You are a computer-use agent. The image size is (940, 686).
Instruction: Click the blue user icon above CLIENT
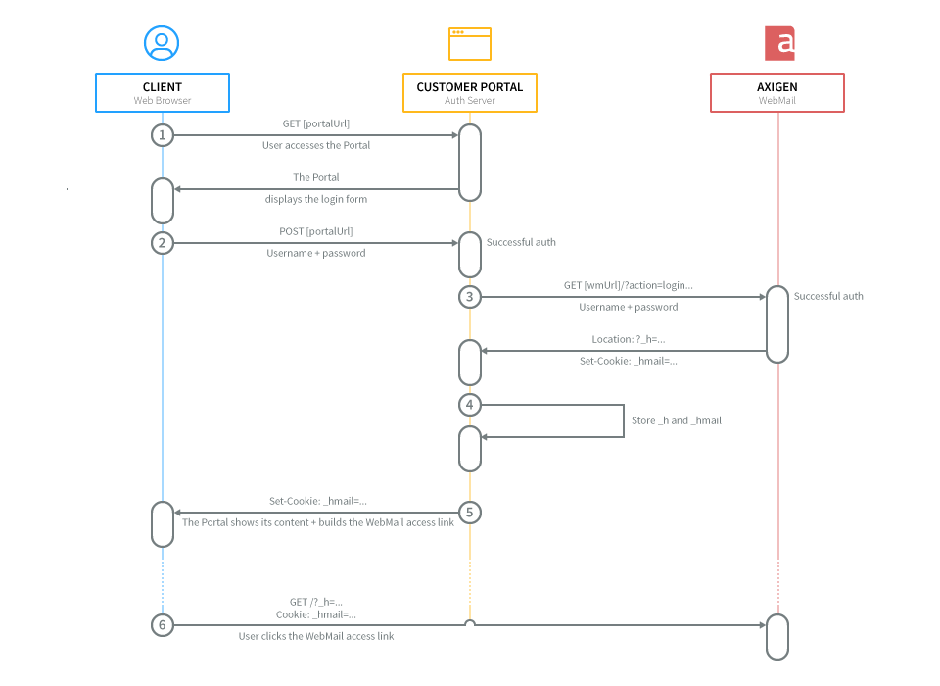(162, 43)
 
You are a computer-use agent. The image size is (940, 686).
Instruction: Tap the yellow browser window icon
(470, 44)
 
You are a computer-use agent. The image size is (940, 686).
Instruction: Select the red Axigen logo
(779, 43)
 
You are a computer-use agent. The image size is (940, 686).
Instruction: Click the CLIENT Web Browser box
(163, 93)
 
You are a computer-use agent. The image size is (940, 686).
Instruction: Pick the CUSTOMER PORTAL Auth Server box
(470, 93)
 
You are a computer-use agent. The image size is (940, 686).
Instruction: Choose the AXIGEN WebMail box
(777, 93)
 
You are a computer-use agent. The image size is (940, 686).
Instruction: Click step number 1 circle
(163, 135)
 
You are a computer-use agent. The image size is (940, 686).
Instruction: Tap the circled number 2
(163, 243)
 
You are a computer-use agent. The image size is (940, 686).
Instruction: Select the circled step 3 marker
(470, 297)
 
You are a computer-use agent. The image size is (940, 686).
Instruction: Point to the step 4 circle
(470, 405)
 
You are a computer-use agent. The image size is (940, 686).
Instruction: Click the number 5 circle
(470, 513)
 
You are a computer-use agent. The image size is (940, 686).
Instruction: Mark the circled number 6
(163, 625)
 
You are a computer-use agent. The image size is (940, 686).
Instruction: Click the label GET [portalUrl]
(316, 123)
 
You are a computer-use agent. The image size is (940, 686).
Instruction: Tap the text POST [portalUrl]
(316, 231)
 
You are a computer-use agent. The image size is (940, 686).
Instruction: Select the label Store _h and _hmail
(677, 420)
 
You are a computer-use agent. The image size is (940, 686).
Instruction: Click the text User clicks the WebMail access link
(316, 636)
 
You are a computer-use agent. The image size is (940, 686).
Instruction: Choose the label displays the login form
(316, 199)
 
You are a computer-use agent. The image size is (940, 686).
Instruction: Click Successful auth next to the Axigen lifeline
(828, 296)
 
